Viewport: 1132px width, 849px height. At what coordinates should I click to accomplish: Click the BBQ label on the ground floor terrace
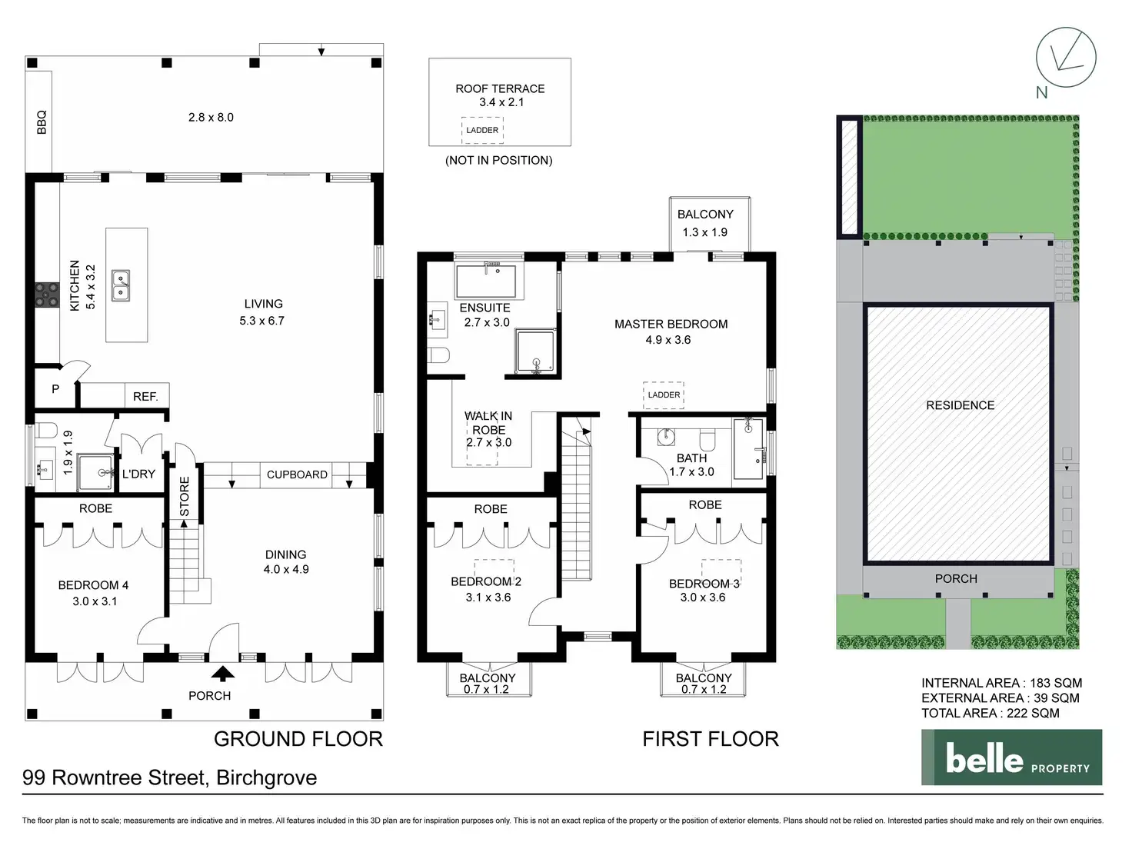click(x=42, y=122)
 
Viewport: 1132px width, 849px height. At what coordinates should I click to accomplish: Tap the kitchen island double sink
click(x=121, y=285)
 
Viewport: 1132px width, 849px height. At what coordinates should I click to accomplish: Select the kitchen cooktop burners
click(x=47, y=295)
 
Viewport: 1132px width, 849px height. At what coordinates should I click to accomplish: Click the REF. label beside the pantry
click(x=145, y=396)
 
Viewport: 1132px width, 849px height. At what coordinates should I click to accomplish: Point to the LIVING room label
click(x=264, y=304)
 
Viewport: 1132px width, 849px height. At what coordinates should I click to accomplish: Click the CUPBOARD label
click(x=297, y=474)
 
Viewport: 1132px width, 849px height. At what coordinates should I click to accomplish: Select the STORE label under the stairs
click(x=185, y=496)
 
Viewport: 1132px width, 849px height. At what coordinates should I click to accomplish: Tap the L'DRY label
click(x=138, y=474)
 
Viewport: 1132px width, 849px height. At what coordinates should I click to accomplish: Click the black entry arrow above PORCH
click(x=223, y=673)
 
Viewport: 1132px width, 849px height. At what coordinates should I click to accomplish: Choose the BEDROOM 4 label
click(x=93, y=585)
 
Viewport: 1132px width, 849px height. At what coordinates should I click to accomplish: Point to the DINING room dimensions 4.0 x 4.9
click(x=286, y=569)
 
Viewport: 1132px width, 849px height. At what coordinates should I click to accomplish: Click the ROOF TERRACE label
click(x=500, y=88)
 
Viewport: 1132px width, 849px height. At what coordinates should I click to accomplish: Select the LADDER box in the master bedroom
click(x=664, y=395)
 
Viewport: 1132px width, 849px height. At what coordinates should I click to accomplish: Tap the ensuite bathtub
click(x=486, y=281)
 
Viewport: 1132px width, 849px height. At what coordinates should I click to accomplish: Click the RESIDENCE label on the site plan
click(x=961, y=405)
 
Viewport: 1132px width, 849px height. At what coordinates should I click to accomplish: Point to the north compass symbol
click(x=1066, y=57)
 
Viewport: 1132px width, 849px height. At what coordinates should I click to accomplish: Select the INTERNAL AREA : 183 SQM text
click(x=1002, y=683)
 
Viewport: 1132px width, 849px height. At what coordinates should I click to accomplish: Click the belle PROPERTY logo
click(x=1012, y=757)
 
